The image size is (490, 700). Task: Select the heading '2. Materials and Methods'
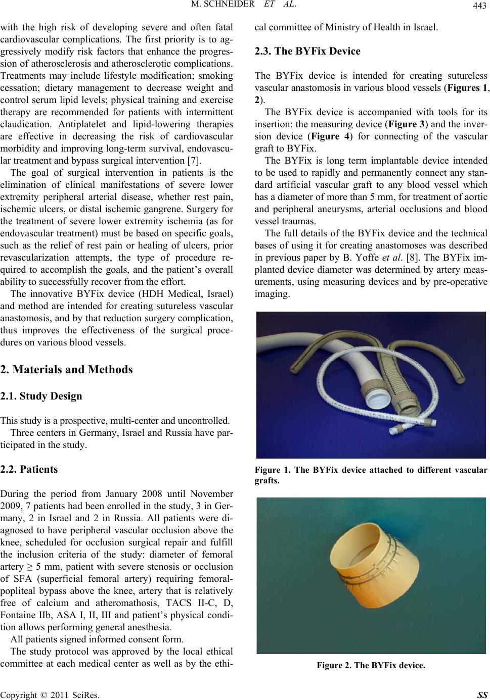pos(67,369)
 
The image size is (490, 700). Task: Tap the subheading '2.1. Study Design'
pos(41,396)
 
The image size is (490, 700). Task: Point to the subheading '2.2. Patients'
pos(29,469)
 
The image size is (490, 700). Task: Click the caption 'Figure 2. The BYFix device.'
pos(371,665)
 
